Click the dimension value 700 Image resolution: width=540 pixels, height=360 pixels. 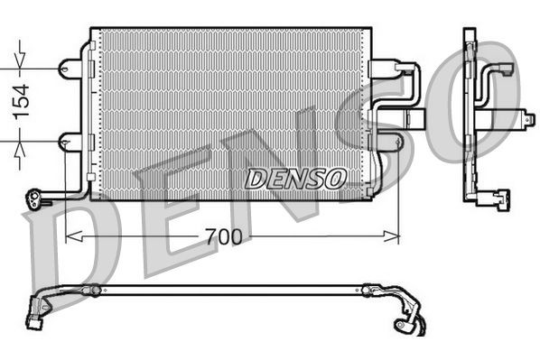(x=223, y=237)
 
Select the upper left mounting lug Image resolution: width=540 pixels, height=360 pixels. (x=69, y=68)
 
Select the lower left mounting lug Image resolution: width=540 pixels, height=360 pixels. (x=69, y=142)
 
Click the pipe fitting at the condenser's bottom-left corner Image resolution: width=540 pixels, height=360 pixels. (x=35, y=198)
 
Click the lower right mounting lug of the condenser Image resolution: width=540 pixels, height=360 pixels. (x=390, y=142)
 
